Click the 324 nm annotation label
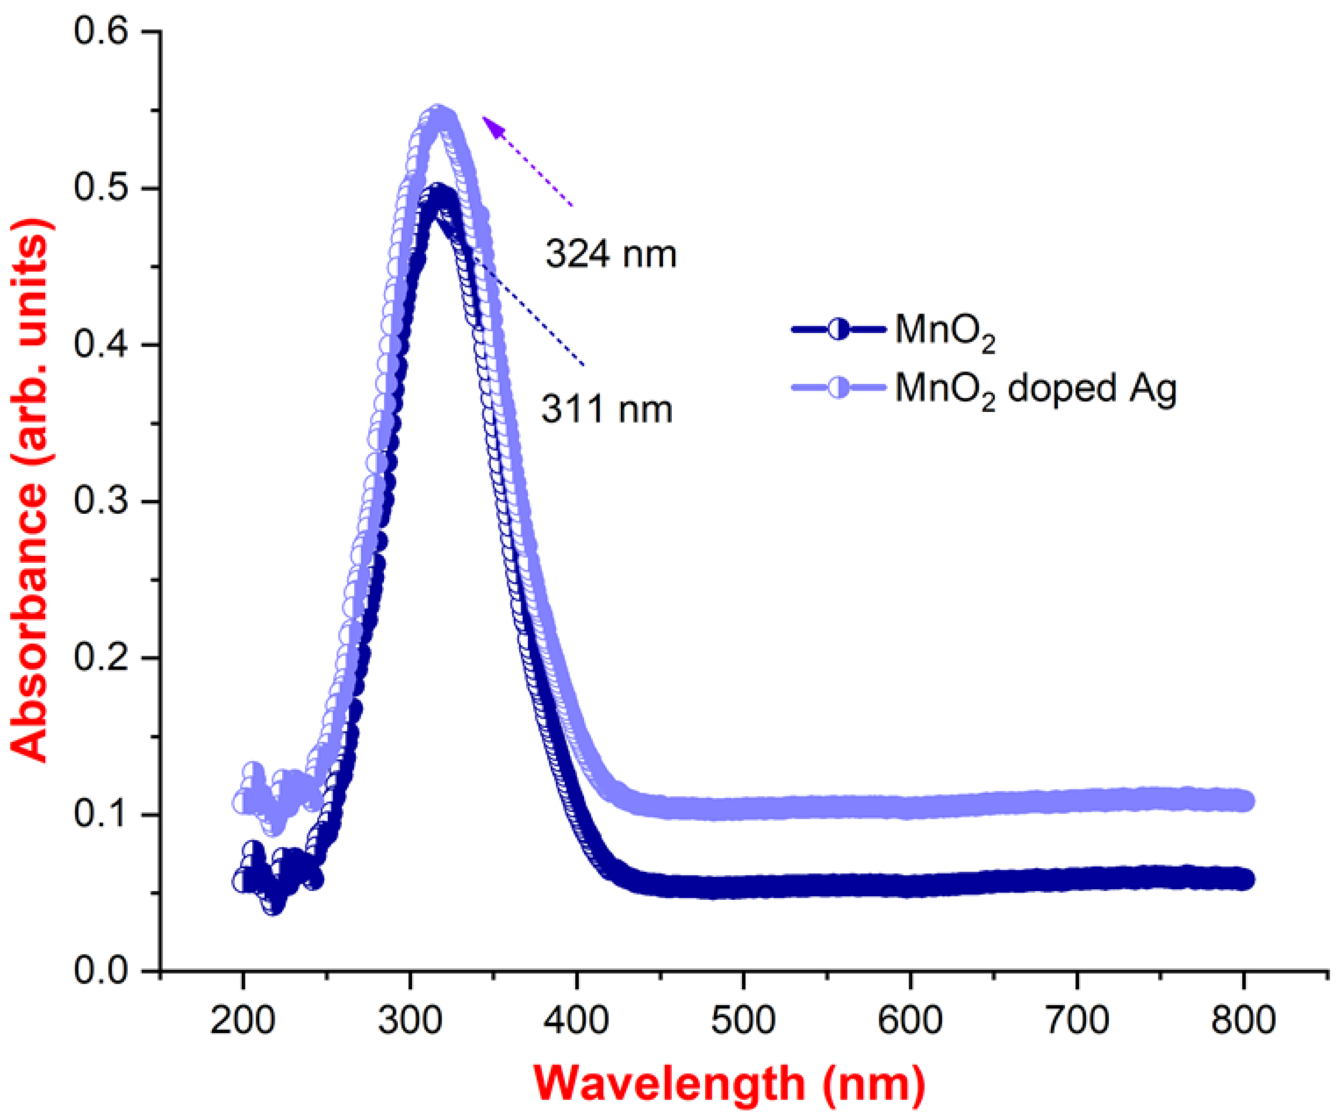(610, 255)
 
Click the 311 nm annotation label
(607, 410)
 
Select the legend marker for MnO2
(839, 330)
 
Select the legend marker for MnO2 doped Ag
(839, 388)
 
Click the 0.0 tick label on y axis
(101, 971)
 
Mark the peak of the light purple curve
(439, 117)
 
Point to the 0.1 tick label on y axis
(101, 815)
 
